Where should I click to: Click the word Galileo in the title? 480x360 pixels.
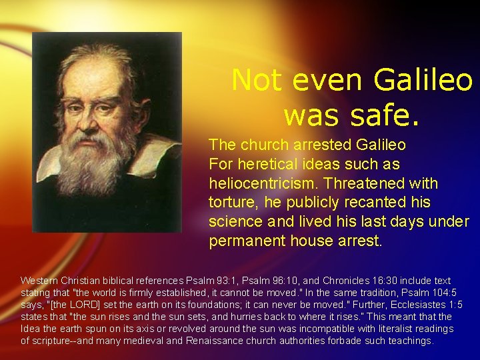[423, 81]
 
